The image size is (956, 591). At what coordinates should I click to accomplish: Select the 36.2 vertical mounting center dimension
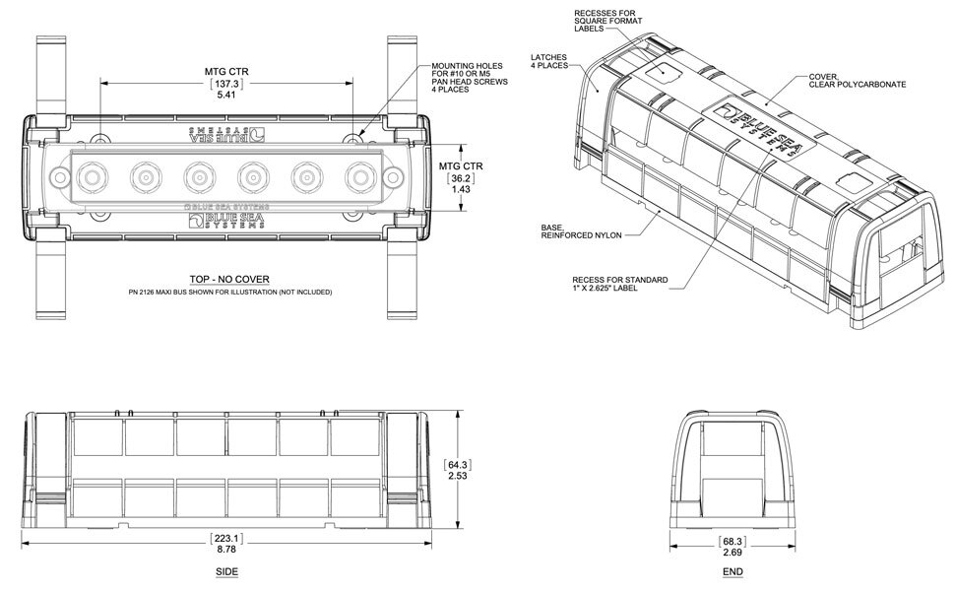[x=458, y=181]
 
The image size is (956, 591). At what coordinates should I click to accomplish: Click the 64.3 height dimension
[x=457, y=464]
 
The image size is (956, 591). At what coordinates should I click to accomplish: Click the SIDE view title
[x=226, y=571]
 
